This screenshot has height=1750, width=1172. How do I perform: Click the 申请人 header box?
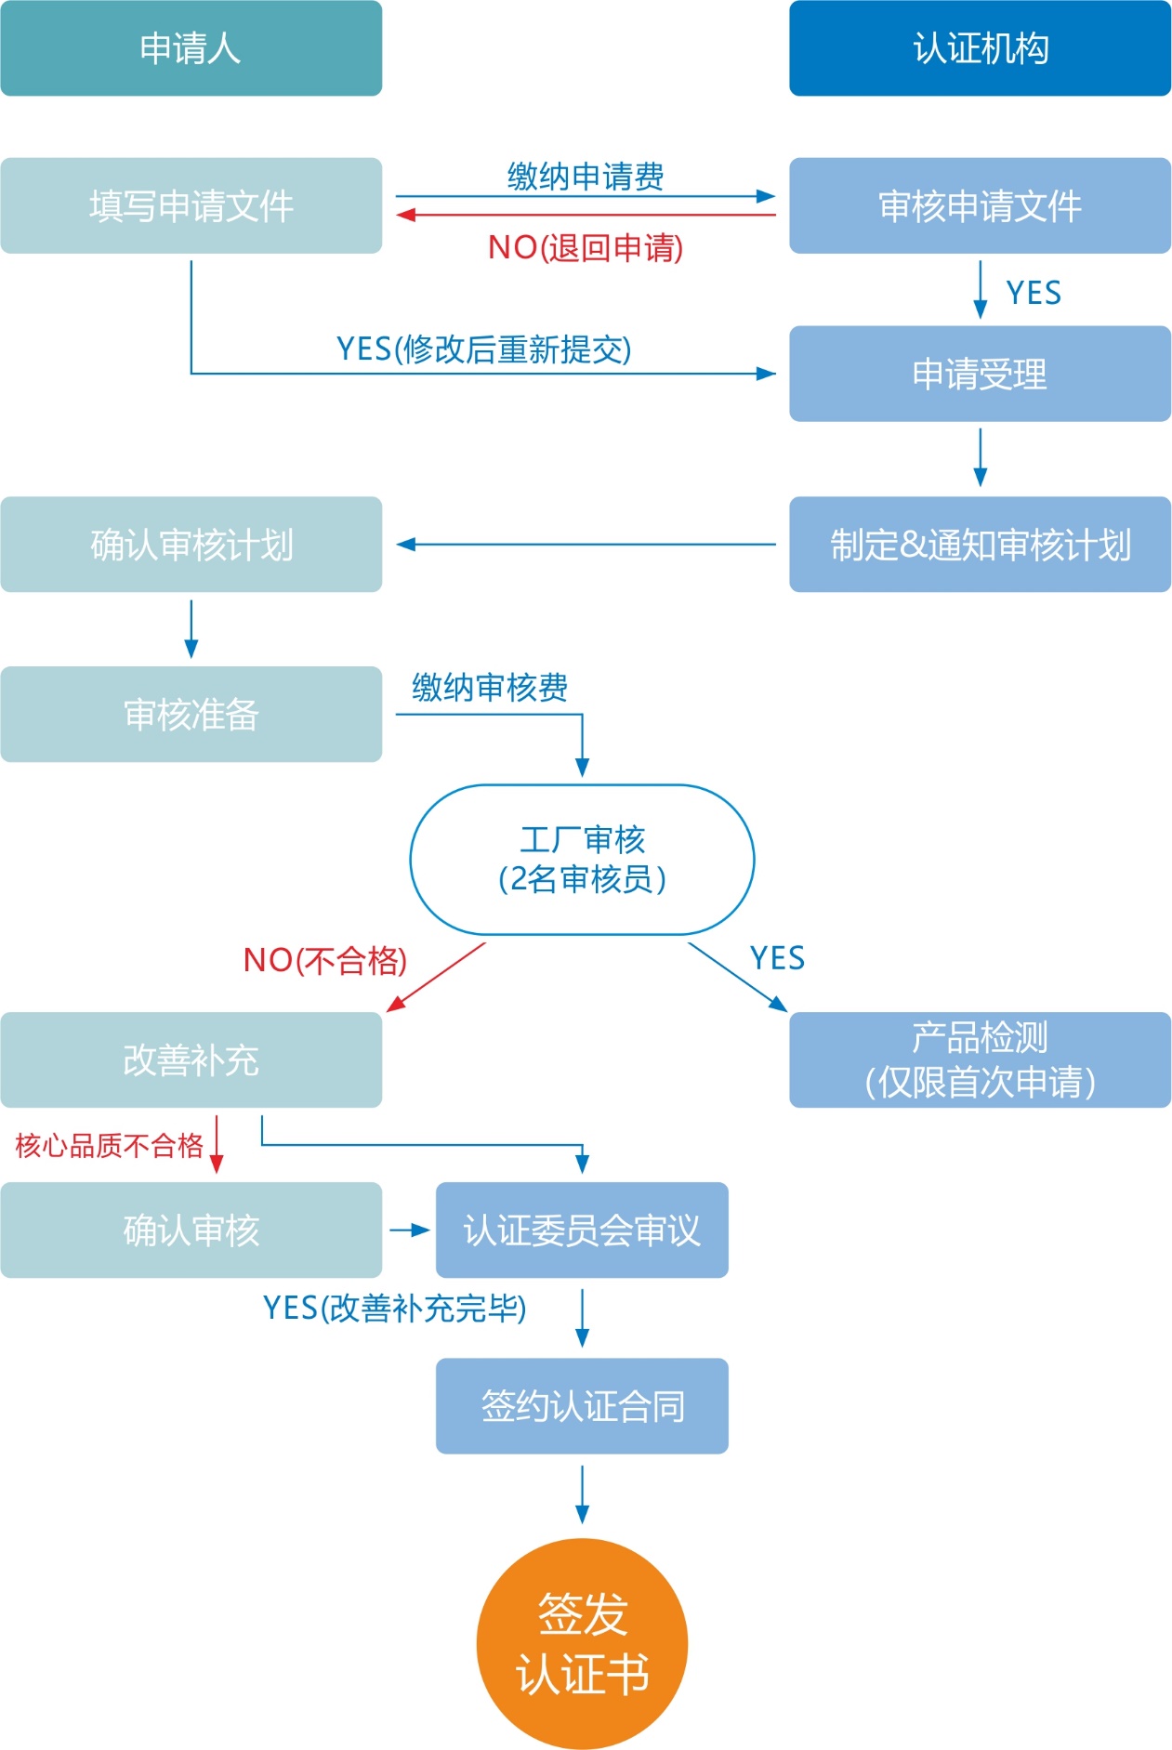coord(191,48)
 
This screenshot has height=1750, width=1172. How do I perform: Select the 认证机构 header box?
coord(980,48)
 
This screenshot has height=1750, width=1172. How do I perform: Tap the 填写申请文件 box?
coord(191,205)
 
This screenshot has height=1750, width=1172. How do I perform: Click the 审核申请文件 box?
coord(980,205)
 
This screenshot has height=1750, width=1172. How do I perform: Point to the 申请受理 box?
coord(980,374)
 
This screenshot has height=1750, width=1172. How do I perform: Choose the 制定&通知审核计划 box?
coord(980,545)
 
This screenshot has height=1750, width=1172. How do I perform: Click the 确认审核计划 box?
coord(191,545)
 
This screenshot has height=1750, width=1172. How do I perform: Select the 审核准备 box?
coord(191,714)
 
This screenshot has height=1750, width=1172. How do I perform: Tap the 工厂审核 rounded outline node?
coord(582,860)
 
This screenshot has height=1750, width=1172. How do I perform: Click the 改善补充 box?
coord(191,1059)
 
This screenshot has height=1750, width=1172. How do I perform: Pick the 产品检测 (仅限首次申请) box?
coord(980,1059)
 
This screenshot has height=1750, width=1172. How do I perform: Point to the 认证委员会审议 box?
coord(582,1230)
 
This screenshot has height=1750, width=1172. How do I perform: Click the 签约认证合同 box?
coord(582,1406)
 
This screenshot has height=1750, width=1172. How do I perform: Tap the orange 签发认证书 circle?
coord(582,1643)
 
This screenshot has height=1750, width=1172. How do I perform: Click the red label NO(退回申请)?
coord(586,247)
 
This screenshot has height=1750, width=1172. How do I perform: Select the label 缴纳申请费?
coord(586,176)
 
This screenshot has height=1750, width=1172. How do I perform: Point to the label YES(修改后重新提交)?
coord(483,349)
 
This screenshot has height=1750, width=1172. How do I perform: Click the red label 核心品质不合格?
coord(109,1145)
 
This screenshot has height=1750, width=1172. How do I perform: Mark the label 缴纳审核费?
coord(490,688)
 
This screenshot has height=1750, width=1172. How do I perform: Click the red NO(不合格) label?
coord(325,960)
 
